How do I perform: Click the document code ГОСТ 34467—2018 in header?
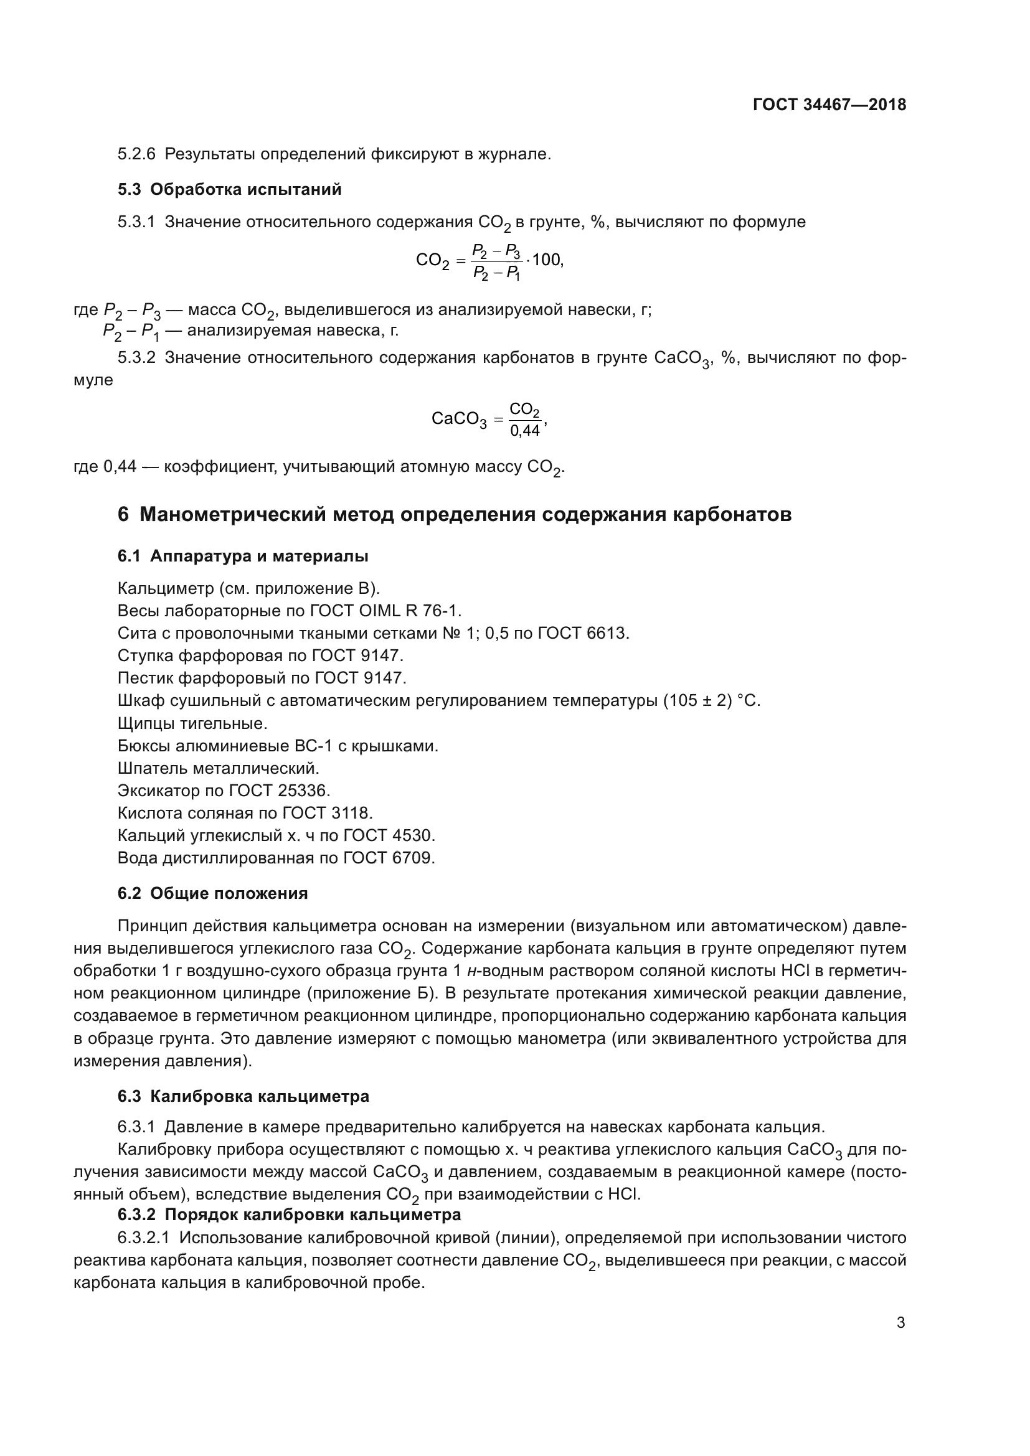click(x=829, y=105)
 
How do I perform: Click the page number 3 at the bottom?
click(x=900, y=1323)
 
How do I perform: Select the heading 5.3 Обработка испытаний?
click(x=229, y=190)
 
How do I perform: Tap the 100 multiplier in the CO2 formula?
click(x=546, y=260)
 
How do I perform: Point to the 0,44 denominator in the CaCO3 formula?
click(x=524, y=431)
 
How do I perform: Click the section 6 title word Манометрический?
click(x=233, y=514)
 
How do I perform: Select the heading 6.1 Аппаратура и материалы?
click(x=242, y=556)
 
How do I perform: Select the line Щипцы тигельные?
click(x=192, y=723)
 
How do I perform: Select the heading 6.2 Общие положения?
click(x=212, y=893)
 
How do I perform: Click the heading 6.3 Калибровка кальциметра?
click(x=243, y=1096)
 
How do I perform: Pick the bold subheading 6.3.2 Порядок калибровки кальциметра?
click(x=288, y=1214)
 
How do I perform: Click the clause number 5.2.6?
click(x=136, y=154)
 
